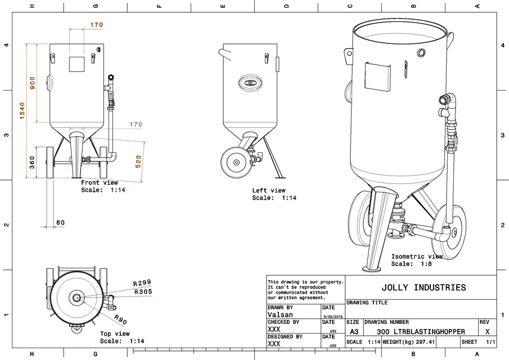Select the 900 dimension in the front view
coord(33,83)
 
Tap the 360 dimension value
coord(32,163)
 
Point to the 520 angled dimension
coord(138,161)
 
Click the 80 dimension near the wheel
coord(60,223)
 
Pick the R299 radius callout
coord(142,283)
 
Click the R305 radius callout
coord(143,292)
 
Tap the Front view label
coord(100,183)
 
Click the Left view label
coord(269,191)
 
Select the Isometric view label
coord(417,256)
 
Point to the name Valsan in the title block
coord(280,316)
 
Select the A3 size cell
coord(354,332)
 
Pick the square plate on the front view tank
coord(76,64)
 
